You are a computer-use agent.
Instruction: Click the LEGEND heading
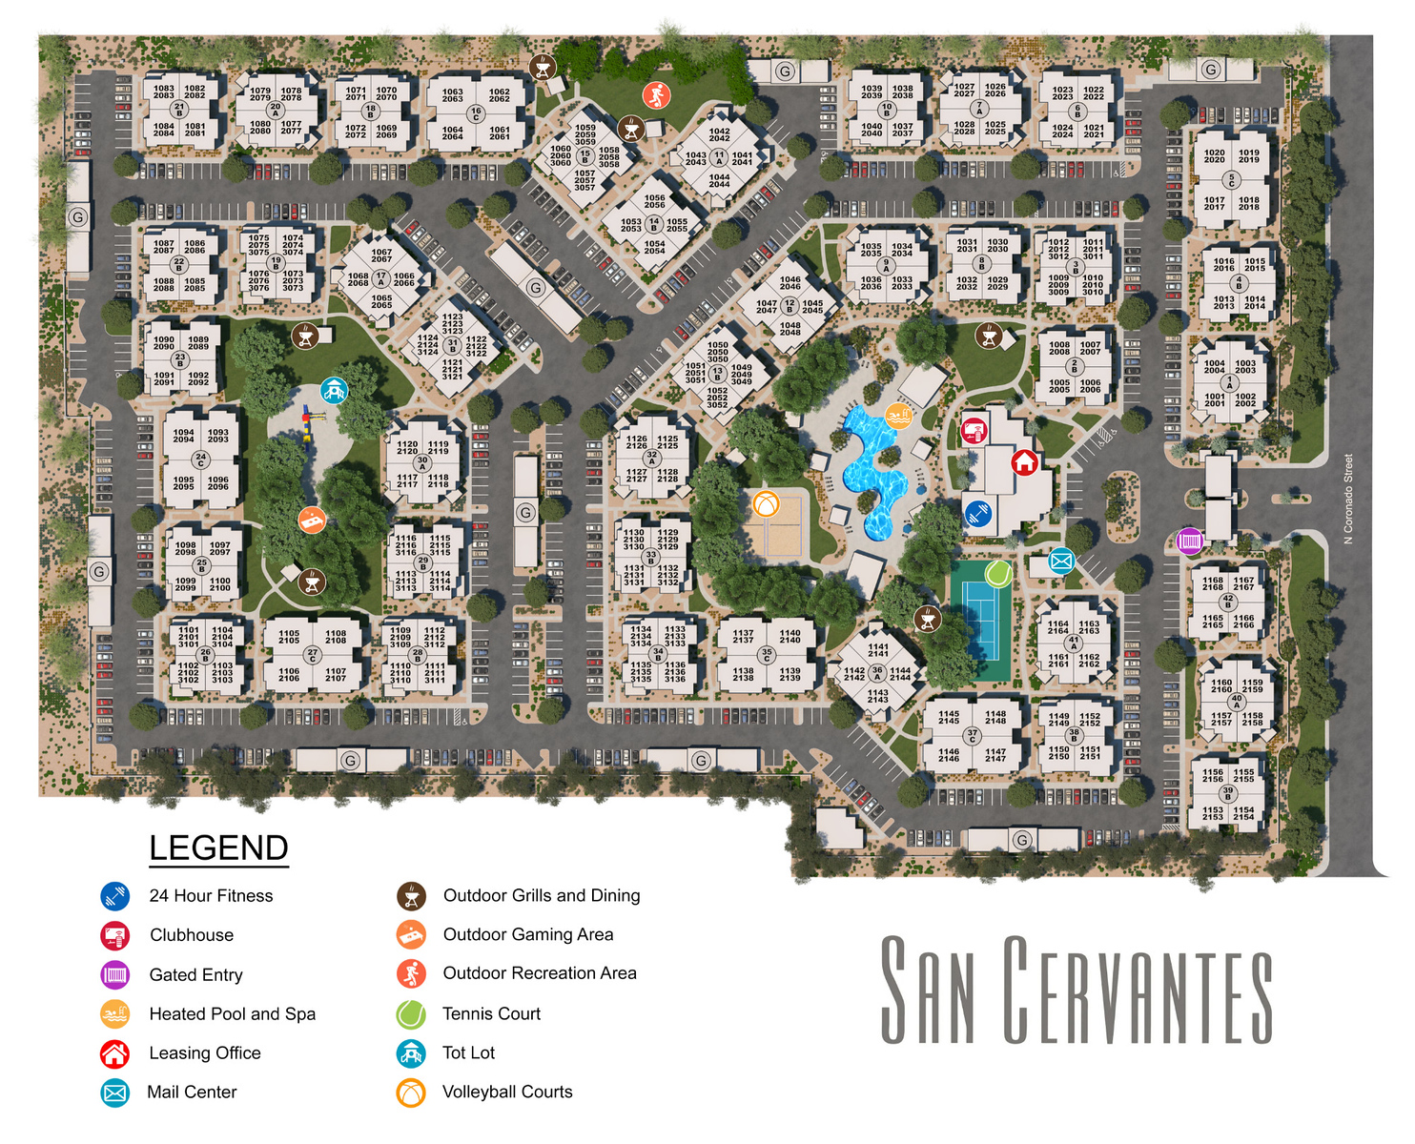pos(218,848)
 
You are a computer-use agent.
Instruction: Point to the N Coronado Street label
pos(1348,499)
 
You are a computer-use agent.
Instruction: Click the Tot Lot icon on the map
pos(333,390)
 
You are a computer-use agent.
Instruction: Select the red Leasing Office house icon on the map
pos(1024,462)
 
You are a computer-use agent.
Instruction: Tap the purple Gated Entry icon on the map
pos(1189,541)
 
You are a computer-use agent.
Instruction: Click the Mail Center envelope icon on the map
pos(1061,561)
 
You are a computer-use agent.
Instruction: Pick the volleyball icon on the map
pos(766,503)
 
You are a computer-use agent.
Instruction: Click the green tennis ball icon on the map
pos(997,573)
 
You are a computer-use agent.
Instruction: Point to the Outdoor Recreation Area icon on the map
pos(656,95)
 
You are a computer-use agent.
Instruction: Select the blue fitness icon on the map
pos(976,513)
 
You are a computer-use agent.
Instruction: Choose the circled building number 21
pos(179,108)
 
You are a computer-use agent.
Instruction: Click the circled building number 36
pos(877,671)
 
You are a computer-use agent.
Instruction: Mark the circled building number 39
pos(1227,791)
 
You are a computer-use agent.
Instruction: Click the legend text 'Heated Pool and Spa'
pos(232,1013)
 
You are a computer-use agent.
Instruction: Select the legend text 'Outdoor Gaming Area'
pos(528,934)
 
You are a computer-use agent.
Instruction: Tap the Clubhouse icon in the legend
pos(115,935)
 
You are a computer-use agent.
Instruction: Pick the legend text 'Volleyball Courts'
pos(507,1092)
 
